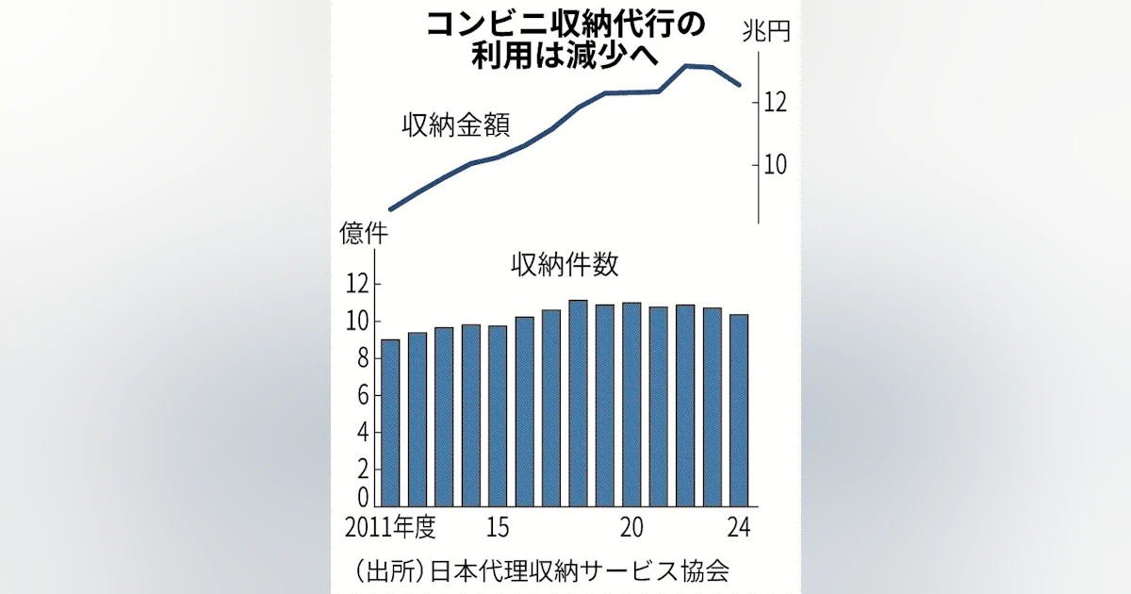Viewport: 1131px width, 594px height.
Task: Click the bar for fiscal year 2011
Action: pos(390,422)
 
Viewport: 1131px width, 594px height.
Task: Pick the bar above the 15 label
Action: pos(498,416)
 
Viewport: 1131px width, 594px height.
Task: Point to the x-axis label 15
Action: pos(499,526)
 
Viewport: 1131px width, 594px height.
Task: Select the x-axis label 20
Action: pos(631,526)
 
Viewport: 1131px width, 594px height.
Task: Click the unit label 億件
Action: pos(358,234)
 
